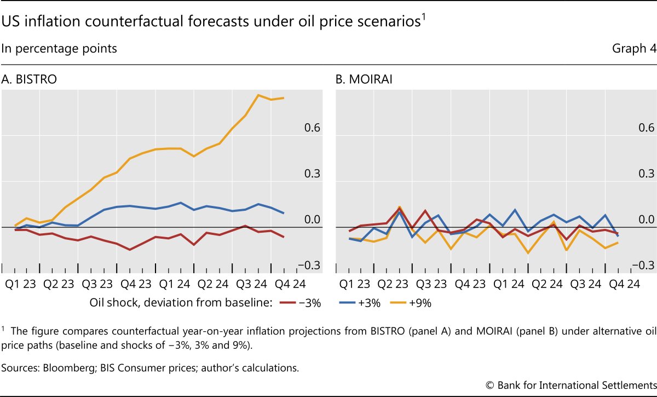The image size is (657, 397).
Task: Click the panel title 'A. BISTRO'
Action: pos(30,79)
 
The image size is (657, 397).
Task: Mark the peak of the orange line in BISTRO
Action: pos(258,95)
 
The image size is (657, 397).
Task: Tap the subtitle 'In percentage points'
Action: pos(59,48)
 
